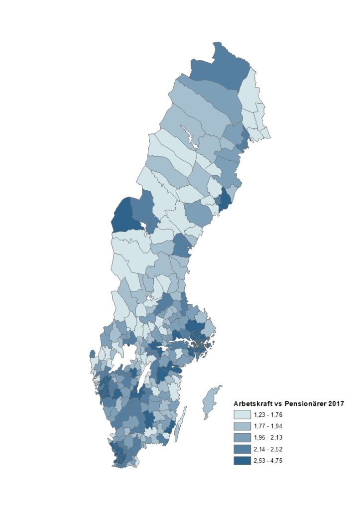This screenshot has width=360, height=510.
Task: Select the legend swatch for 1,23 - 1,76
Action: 242,414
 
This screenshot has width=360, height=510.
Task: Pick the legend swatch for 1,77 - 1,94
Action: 242,426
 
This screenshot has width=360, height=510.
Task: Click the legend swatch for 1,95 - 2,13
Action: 242,437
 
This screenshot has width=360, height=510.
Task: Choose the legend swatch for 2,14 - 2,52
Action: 242,449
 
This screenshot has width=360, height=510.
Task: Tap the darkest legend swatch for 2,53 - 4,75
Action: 242,460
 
